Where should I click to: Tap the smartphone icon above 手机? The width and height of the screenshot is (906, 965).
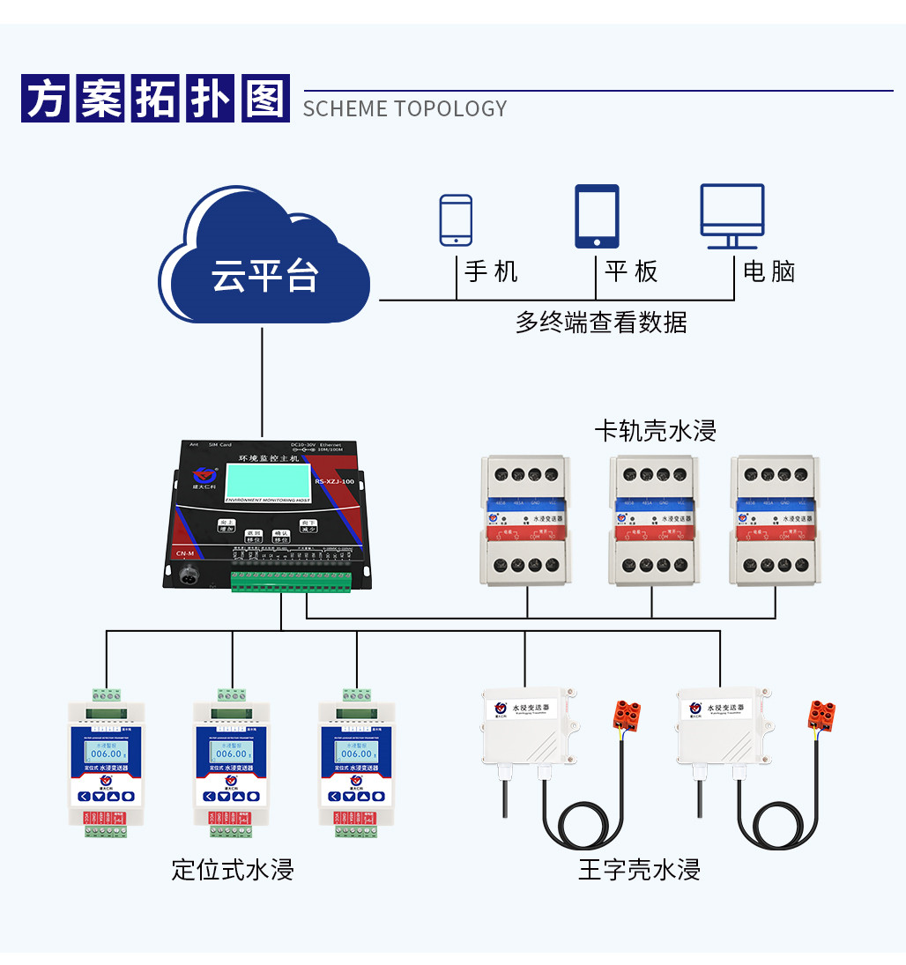[456, 219]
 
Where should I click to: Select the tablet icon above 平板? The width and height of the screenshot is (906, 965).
[597, 216]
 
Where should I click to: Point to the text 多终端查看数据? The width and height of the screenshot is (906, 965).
[601, 323]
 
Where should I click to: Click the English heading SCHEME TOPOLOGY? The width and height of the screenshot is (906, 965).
[405, 108]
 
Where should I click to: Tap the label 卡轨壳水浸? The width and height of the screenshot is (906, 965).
[655, 431]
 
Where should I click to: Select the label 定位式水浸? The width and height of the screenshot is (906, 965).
[233, 870]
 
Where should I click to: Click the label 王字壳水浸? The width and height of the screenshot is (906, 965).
[639, 870]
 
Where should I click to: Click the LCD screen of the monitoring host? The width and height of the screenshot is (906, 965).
[267, 481]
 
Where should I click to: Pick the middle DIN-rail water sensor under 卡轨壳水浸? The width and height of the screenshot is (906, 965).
[651, 520]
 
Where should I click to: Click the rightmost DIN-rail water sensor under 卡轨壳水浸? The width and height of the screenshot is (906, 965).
[776, 520]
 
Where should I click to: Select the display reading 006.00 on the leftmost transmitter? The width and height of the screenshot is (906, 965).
[107, 753]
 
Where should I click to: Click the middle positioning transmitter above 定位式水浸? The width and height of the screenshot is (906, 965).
[232, 762]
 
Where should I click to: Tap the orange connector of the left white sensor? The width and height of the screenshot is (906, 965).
[627, 715]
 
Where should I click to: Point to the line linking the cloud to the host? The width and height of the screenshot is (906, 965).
[263, 379]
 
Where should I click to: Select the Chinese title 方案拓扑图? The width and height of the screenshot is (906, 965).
[155, 99]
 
